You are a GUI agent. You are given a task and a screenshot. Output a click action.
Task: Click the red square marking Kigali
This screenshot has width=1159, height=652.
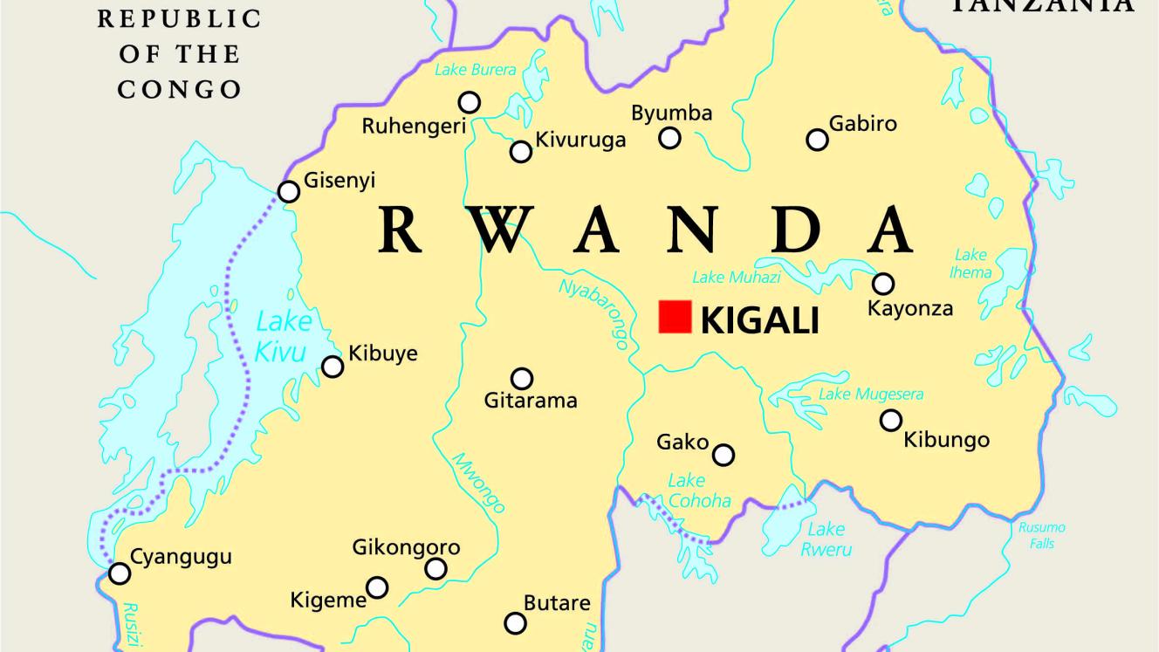[675, 317]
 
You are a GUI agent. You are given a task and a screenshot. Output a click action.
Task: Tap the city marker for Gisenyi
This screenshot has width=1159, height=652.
[288, 192]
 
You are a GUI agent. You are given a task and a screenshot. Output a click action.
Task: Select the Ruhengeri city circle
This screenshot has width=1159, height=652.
[470, 102]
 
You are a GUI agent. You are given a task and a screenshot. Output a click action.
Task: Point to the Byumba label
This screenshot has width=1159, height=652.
[671, 113]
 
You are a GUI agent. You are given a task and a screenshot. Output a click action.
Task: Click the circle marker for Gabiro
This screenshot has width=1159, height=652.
[817, 140]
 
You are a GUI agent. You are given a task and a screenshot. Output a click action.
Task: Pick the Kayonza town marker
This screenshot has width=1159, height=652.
[883, 284]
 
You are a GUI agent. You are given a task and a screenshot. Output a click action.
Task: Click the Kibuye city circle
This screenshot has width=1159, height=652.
[333, 367]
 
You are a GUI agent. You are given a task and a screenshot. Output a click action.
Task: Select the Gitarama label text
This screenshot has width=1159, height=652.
[531, 401]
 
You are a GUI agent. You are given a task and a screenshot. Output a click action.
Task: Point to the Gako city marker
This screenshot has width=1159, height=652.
[724, 455]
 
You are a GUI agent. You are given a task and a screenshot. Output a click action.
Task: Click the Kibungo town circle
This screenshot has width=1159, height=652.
[890, 421]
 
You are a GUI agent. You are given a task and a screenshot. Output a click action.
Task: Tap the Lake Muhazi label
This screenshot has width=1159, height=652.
[736, 278]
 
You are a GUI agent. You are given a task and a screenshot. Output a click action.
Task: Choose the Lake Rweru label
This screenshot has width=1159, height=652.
[826, 539]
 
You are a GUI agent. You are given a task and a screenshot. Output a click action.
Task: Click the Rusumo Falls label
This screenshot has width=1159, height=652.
[1041, 536]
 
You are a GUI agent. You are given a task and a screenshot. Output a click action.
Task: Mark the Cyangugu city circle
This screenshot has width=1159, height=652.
[120, 573]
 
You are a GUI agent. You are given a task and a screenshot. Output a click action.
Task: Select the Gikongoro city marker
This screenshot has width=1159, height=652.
[435, 569]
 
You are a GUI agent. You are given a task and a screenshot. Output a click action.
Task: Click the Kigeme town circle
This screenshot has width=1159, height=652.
[377, 587]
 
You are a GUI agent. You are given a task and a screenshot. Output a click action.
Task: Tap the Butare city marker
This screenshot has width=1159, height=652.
[516, 623]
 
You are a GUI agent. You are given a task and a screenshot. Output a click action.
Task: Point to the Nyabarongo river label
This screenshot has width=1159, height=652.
[593, 314]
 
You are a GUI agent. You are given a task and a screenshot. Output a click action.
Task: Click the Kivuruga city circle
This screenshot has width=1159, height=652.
[521, 152]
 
